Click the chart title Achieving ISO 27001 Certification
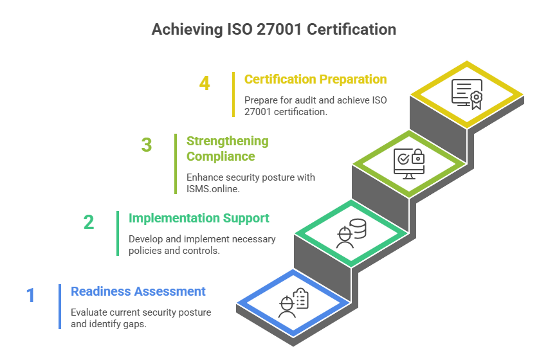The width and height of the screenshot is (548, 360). [273, 30]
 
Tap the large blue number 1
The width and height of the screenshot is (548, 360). [30, 296]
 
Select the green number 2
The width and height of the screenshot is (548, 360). [89, 222]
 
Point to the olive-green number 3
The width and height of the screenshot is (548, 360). [147, 145]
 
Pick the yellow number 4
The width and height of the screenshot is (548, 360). [205, 84]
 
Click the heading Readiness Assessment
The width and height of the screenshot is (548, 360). [138, 291]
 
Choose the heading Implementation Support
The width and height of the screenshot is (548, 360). [199, 218]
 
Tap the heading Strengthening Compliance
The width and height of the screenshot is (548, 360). [227, 148]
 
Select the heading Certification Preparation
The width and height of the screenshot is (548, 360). [315, 79]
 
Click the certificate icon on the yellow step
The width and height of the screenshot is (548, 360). [467, 94]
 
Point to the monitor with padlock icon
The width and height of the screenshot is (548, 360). [409, 163]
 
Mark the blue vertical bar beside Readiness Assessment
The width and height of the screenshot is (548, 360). [60, 306]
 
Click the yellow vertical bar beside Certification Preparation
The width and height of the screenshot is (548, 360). [233, 94]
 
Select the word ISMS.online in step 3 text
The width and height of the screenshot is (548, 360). [212, 189]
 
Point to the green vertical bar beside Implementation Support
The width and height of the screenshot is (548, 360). [118, 233]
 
